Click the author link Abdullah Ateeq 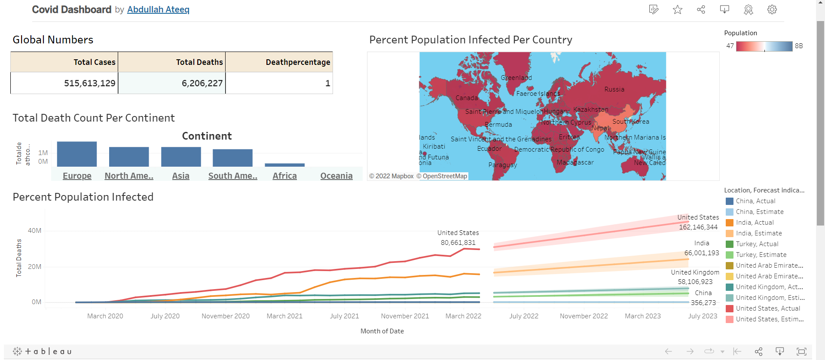point(158,9)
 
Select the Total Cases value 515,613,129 point(89,83)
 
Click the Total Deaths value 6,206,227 point(202,83)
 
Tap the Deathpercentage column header point(297,62)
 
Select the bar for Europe point(77,154)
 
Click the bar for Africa point(284,165)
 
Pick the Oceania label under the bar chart point(336,176)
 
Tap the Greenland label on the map point(516,78)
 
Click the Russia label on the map point(614,89)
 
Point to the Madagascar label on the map point(575,162)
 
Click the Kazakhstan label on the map point(591,110)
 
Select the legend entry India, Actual point(755,223)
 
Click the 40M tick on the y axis point(35,231)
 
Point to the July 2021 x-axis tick point(344,316)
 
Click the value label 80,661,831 point(458,243)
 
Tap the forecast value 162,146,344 point(698,227)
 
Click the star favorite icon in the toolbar point(678,9)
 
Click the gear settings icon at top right point(772,9)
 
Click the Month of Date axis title point(382,331)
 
